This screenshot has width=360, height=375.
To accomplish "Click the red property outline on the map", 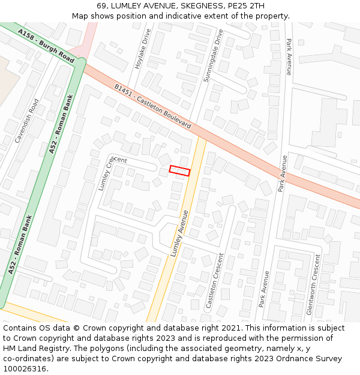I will pos(179,170).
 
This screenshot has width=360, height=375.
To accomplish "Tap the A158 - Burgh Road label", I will pos(46,46).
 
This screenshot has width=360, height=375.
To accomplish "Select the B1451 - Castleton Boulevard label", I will pos(152,106).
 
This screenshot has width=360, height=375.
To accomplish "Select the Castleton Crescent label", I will pos(215,281).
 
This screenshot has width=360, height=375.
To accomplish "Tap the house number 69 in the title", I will pos(102,6).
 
